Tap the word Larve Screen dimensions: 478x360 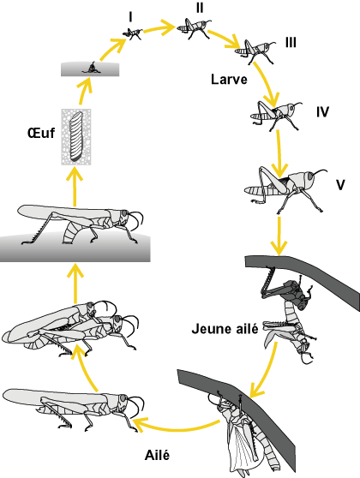tap(228, 79)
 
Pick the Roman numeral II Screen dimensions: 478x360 tap(199, 8)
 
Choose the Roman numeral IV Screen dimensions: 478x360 tap(321, 111)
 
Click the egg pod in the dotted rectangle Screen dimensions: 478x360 tap(75, 134)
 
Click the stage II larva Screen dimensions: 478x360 tap(195, 30)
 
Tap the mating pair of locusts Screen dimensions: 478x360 tap(69, 326)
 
